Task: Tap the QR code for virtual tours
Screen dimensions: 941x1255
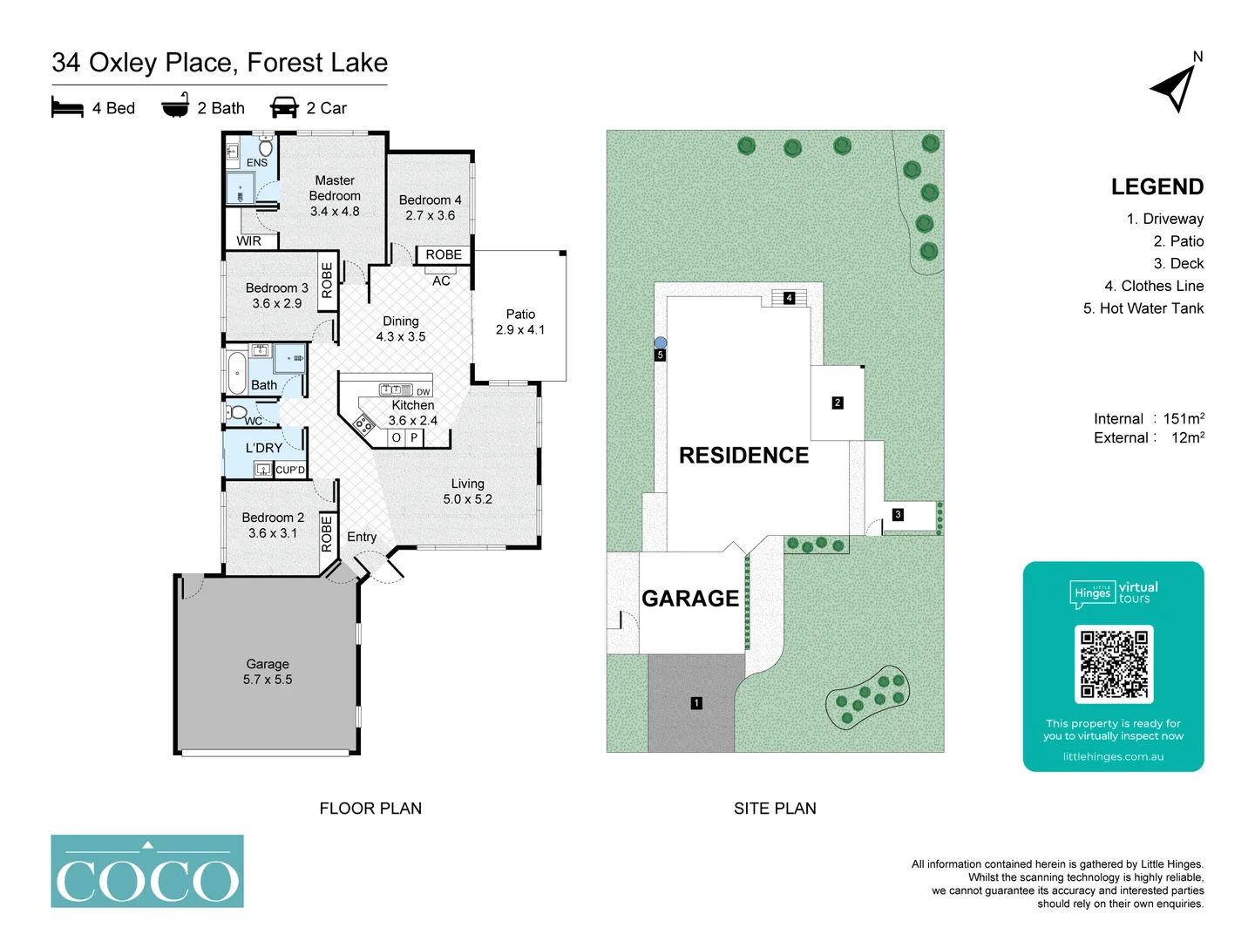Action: [1114, 664]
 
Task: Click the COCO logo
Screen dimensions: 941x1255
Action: [147, 871]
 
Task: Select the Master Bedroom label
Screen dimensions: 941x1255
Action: [335, 188]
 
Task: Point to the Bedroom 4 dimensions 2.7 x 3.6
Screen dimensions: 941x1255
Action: [430, 215]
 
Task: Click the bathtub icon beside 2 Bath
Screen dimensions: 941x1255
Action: [175, 106]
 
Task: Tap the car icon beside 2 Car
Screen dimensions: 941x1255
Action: [284, 107]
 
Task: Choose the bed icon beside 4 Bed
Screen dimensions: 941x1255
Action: [67, 107]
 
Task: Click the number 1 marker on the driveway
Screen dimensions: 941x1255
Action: [696, 703]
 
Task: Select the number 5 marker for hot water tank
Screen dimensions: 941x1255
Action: [661, 355]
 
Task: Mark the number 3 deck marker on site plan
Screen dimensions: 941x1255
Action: [898, 515]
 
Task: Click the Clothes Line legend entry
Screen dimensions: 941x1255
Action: [1153, 286]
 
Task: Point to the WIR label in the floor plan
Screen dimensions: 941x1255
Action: [248, 241]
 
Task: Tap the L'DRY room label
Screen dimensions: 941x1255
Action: [263, 448]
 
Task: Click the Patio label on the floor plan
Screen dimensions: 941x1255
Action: [520, 315]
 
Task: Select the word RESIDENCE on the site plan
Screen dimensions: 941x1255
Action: [743, 456]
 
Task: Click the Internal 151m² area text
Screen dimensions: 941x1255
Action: [1149, 419]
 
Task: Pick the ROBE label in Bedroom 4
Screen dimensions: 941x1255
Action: [444, 254]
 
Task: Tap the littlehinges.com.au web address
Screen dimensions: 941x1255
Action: [1113, 756]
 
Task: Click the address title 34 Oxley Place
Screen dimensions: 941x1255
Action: [220, 63]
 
